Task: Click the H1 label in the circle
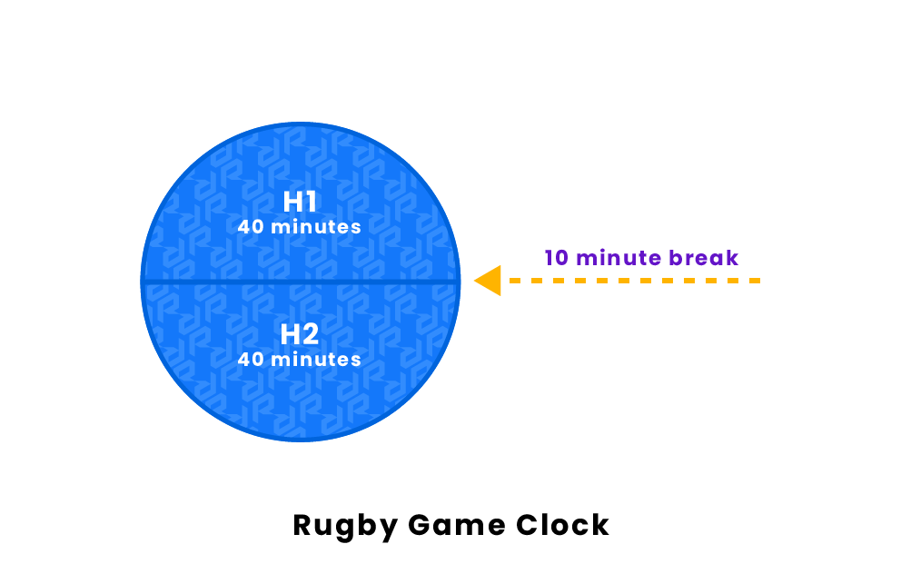[x=299, y=202]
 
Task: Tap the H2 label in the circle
[x=299, y=334]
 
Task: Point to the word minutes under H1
[x=314, y=227]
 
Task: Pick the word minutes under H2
[x=314, y=360]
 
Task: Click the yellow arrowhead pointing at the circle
[x=489, y=281]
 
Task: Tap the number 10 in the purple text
[x=557, y=258]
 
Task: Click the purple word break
[x=704, y=258]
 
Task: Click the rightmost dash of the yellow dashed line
[x=753, y=281]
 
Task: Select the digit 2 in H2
[x=312, y=334]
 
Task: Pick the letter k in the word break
[x=731, y=258]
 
